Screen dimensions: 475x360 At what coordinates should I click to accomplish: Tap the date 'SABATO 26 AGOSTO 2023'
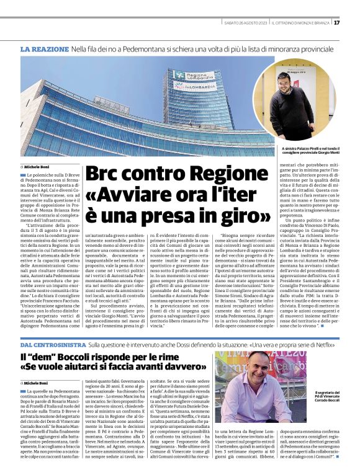tap(246, 23)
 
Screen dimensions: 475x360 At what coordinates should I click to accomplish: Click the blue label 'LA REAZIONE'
tap(44, 48)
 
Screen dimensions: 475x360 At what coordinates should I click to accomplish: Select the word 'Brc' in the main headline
tap(104, 175)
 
